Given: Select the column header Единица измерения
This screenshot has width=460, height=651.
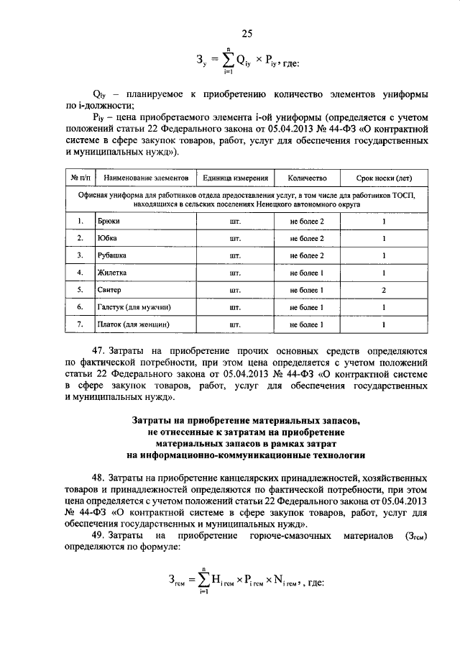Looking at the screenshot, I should [x=235, y=178].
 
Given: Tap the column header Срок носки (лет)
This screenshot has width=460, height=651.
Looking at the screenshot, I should [x=384, y=178].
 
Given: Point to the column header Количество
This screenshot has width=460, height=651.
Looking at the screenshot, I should [x=307, y=178].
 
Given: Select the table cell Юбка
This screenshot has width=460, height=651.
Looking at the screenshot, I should [x=107, y=238].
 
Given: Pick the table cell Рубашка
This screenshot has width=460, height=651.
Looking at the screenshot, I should [x=112, y=255].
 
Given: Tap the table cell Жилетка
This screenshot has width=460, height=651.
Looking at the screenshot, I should [x=112, y=273].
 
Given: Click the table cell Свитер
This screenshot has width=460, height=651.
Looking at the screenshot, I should [x=110, y=290].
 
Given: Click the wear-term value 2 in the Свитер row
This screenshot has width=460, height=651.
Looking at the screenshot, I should [x=384, y=290].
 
